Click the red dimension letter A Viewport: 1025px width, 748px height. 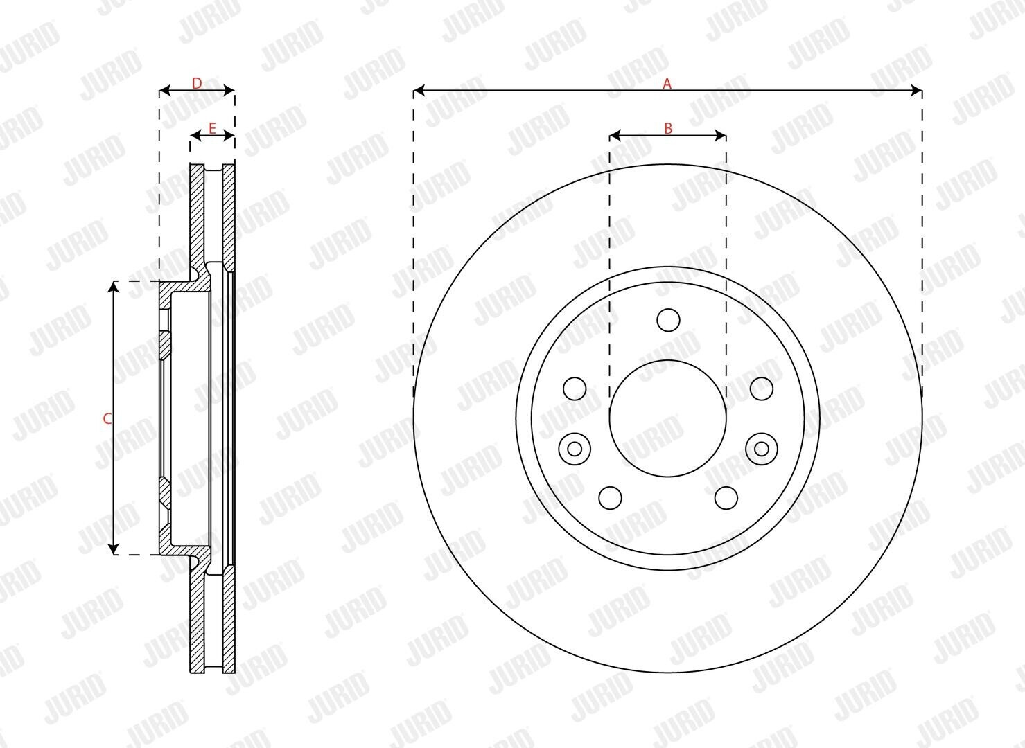[x=667, y=84]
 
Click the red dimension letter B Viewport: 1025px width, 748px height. [x=668, y=129]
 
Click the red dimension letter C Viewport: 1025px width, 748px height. [x=107, y=418]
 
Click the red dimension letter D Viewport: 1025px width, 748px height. [x=197, y=83]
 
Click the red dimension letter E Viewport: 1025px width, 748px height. [x=212, y=129]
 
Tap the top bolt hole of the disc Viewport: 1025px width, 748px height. [x=668, y=319]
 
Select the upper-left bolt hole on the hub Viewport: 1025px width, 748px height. [x=575, y=389]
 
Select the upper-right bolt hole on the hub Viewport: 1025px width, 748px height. [x=762, y=389]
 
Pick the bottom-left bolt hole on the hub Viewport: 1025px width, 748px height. [x=611, y=498]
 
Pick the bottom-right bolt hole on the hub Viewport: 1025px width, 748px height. [x=726, y=498]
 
